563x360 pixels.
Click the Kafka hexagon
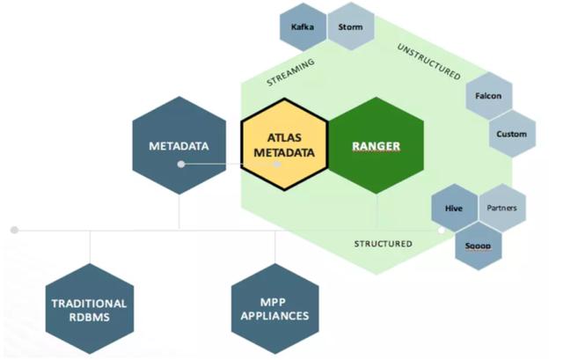coord(303,27)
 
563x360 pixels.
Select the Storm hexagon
coord(351,26)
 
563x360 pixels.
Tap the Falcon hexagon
coord(489,96)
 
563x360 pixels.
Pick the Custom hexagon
coord(512,134)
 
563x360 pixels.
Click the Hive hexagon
coord(454,208)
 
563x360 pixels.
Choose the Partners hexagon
coord(502,208)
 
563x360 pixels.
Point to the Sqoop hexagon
coord(478,246)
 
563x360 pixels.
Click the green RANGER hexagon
coord(377,145)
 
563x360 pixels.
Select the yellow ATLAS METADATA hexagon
coord(284,144)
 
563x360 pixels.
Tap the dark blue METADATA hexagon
coord(179,145)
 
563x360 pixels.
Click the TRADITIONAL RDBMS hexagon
coord(90,309)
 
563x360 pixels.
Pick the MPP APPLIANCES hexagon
coord(275,309)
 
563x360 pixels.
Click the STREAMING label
coord(291,72)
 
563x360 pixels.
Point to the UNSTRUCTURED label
coord(428,62)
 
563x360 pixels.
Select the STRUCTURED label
coord(384,244)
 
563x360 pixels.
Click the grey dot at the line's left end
coord(14,230)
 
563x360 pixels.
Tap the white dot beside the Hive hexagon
coord(442,231)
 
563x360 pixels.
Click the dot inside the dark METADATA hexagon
coord(181,165)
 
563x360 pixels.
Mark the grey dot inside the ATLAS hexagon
coord(277,165)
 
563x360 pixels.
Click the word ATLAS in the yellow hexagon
coord(284,137)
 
